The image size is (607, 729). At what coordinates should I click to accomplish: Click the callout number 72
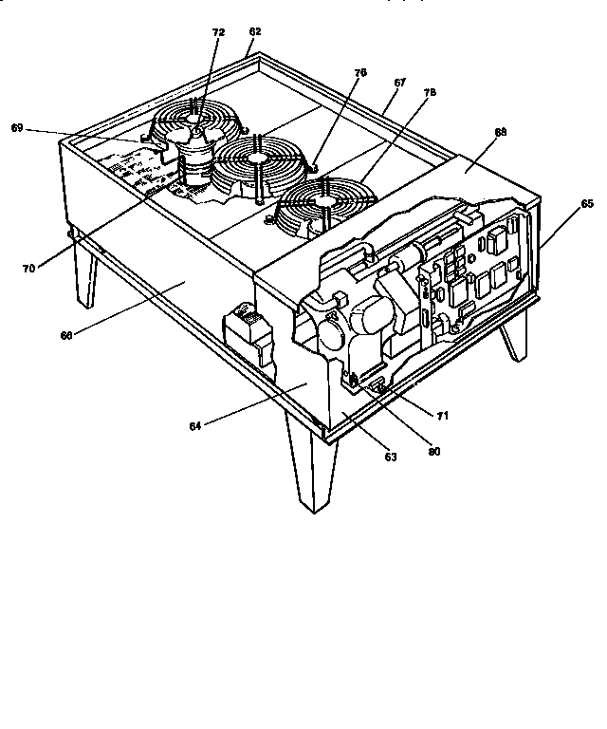click(x=218, y=32)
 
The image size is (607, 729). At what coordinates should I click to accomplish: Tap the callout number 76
click(x=360, y=72)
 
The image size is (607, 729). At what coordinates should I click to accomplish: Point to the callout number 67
click(x=399, y=83)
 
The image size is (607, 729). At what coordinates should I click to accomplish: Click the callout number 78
click(x=430, y=93)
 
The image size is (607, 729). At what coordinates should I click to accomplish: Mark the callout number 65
click(x=587, y=203)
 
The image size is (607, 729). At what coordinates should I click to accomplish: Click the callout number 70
click(x=28, y=269)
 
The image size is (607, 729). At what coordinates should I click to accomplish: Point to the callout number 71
click(x=442, y=416)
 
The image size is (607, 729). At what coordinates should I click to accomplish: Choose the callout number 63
click(x=390, y=457)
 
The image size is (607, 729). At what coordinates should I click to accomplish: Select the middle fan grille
click(x=258, y=163)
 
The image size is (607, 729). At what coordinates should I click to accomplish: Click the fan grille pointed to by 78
click(x=322, y=202)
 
